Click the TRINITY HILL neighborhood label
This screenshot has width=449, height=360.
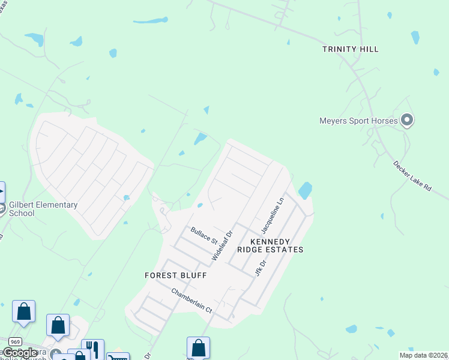351,49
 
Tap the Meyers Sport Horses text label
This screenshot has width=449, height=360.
358,121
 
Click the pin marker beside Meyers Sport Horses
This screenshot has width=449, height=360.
407,121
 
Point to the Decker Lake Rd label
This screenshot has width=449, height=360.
412,175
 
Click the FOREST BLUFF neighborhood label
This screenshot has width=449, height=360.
176,275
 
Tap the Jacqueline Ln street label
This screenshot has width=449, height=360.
272,217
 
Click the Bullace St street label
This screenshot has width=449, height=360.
204,235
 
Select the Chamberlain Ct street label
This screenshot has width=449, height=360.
192,301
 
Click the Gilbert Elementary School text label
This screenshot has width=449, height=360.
43,209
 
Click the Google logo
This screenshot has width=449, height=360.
20,353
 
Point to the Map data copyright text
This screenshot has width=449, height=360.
423,355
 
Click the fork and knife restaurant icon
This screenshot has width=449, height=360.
92,348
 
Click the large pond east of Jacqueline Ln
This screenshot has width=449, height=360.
306,191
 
